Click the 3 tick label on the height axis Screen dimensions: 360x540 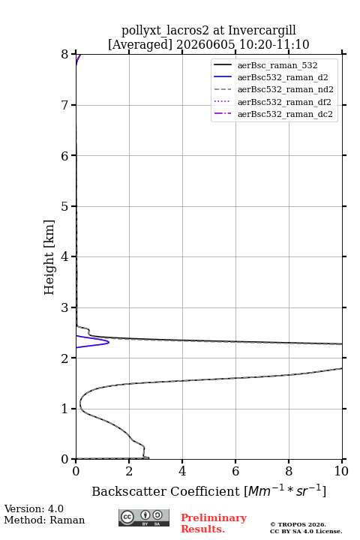click(x=64, y=307)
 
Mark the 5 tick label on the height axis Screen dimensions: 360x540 click(x=64, y=206)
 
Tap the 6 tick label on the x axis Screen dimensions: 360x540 click(x=235, y=471)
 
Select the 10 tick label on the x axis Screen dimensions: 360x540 click(x=341, y=471)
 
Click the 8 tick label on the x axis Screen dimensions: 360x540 click(x=289, y=471)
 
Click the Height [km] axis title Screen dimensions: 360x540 click(x=49, y=257)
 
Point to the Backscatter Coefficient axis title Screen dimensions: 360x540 click(x=208, y=490)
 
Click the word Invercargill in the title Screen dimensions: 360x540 click(x=262, y=30)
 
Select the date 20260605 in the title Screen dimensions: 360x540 click(x=205, y=44)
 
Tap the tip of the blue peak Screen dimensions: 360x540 click(x=109, y=342)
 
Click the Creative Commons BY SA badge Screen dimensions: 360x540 click(x=144, y=517)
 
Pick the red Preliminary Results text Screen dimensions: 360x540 click(x=214, y=523)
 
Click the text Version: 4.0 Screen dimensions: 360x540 click(x=34, y=508)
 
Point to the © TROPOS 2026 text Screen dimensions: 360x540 click(x=298, y=524)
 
